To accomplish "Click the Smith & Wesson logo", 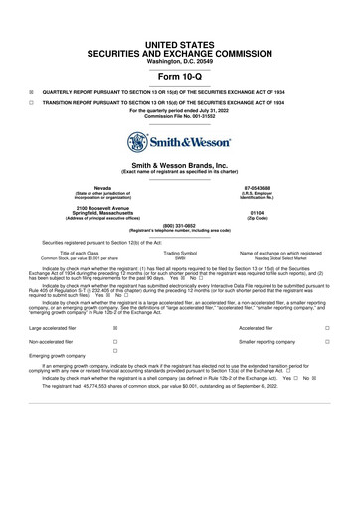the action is coord(180,142).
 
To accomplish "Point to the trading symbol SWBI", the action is coord(181,258).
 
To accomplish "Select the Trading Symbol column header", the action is coord(181,253).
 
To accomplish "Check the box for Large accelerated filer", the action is coord(116,327).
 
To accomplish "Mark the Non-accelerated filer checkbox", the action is coord(116,340).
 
